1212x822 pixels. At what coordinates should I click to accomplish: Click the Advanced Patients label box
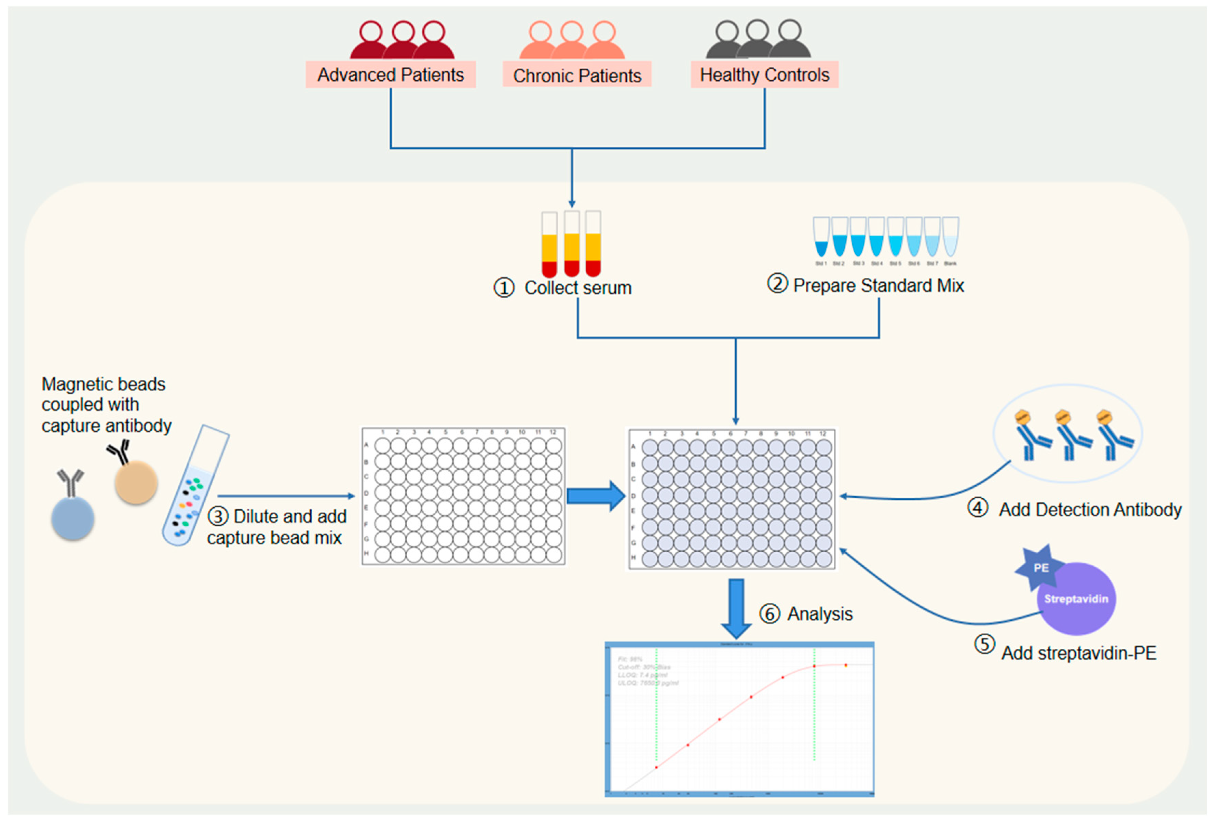point(390,75)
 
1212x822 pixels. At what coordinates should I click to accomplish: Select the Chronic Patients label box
point(577,76)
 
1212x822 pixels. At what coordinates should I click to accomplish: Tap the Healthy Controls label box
point(764,75)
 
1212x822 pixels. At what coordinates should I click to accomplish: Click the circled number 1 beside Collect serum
point(504,288)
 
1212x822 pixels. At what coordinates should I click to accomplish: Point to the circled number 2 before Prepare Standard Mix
point(777,284)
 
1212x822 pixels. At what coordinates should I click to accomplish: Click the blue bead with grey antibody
point(72,517)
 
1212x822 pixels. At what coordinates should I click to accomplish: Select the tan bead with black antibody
point(136,483)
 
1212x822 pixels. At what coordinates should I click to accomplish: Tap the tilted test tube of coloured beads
point(195,485)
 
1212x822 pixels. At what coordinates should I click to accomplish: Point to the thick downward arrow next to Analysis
point(736,608)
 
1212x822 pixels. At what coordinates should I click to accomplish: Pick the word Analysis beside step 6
point(820,614)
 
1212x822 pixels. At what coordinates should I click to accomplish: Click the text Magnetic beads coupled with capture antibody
point(106,405)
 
